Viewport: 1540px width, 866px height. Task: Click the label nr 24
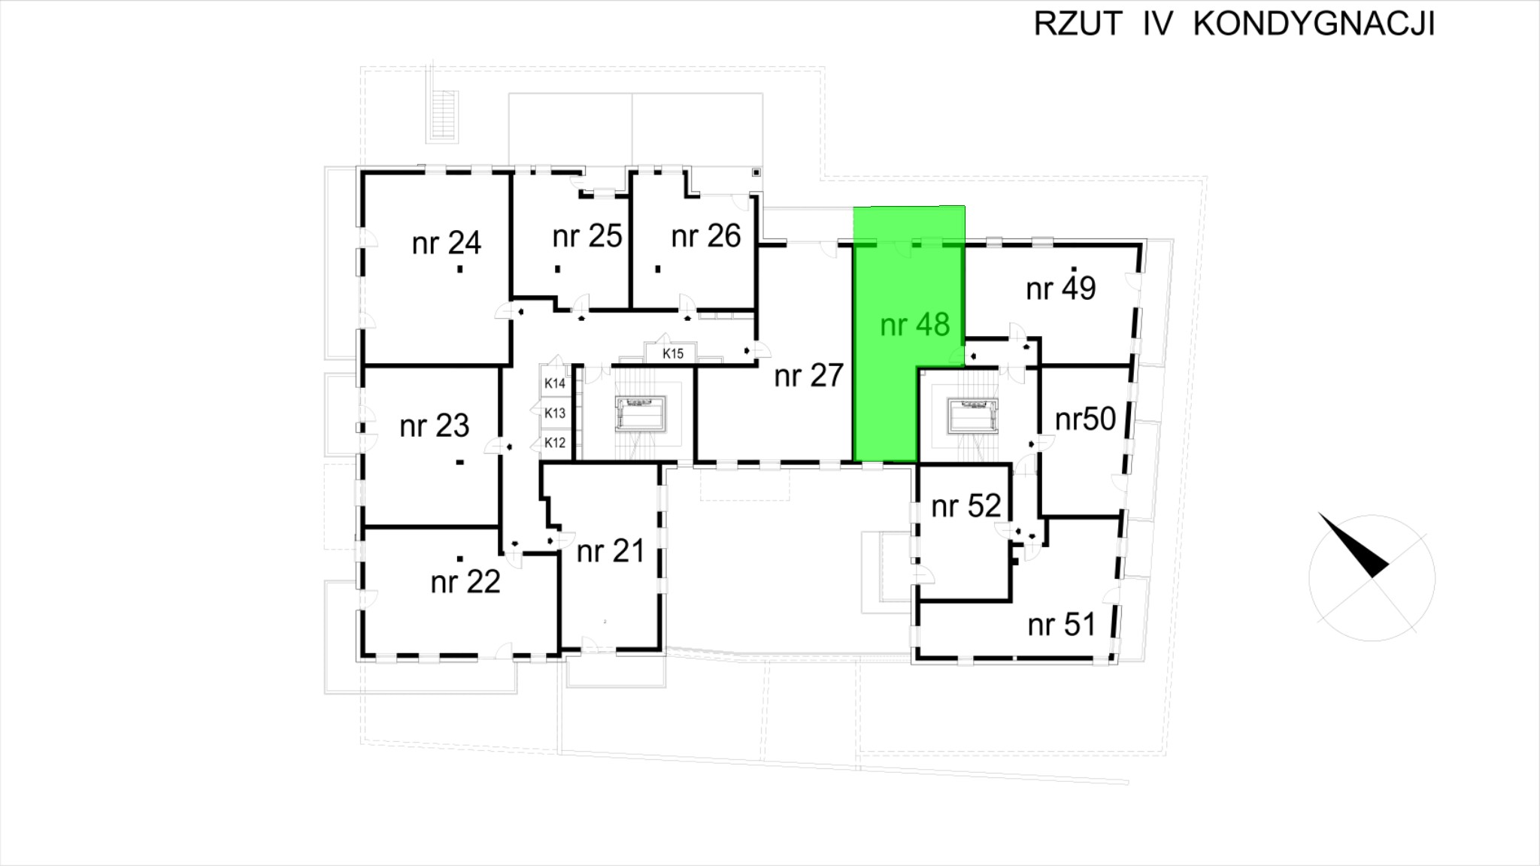pyautogui.click(x=447, y=243)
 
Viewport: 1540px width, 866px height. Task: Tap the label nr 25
pyautogui.click(x=587, y=236)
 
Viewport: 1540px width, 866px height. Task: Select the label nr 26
pyautogui.click(x=706, y=236)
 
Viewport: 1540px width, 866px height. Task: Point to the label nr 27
pyautogui.click(x=809, y=375)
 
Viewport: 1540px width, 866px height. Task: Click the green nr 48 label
pyautogui.click(x=915, y=325)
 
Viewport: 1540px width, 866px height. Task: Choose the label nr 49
pyautogui.click(x=1061, y=288)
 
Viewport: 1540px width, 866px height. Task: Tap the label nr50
pyautogui.click(x=1085, y=419)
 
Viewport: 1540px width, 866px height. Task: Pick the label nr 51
pyautogui.click(x=1061, y=625)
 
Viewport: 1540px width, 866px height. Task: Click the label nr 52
pyautogui.click(x=966, y=506)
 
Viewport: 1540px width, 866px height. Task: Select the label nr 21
pyautogui.click(x=611, y=551)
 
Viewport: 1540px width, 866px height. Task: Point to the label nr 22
pyautogui.click(x=465, y=582)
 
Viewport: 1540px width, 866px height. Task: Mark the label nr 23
pyautogui.click(x=435, y=426)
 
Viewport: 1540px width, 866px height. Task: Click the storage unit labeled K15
pyautogui.click(x=673, y=353)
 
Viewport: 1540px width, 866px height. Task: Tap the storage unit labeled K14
pyautogui.click(x=555, y=383)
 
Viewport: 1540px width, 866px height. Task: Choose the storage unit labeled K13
pyautogui.click(x=555, y=413)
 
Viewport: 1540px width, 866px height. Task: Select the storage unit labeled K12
pyautogui.click(x=555, y=443)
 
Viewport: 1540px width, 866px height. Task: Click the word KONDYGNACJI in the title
pyautogui.click(x=1314, y=24)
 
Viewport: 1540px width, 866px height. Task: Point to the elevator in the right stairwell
pyautogui.click(x=973, y=416)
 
